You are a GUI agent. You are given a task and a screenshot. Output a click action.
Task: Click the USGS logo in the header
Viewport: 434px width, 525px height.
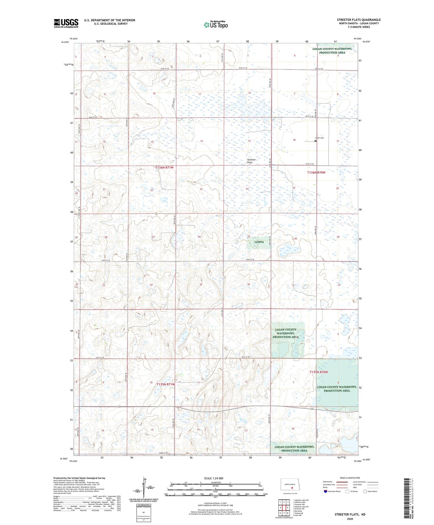point(66,23)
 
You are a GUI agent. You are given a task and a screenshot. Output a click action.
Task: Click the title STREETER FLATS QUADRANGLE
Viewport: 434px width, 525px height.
point(359,20)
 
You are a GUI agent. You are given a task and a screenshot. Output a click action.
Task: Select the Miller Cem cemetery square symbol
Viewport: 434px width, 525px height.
point(315,141)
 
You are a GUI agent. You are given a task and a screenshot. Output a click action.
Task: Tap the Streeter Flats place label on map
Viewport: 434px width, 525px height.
point(251,161)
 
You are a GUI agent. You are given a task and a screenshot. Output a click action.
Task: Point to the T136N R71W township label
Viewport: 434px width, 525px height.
point(164,167)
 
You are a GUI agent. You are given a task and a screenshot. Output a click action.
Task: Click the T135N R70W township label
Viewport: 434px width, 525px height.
point(319,372)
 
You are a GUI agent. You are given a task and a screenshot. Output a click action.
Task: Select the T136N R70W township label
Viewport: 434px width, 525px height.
point(316,173)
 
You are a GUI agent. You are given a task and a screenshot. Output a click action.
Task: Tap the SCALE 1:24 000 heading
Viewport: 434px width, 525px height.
point(214,478)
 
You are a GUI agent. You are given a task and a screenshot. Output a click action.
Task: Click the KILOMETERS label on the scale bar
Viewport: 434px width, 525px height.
point(215,482)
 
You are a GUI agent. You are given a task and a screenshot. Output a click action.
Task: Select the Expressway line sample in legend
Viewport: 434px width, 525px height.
point(342,482)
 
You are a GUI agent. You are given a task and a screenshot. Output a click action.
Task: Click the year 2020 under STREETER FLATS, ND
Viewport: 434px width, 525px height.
point(350,519)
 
